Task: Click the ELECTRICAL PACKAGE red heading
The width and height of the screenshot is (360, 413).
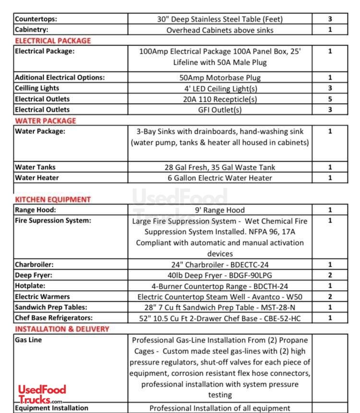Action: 53,41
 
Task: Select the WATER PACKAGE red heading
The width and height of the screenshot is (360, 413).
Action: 45,121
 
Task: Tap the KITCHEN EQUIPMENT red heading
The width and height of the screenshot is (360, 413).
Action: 53,200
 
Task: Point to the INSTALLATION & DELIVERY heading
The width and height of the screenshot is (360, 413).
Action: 62,329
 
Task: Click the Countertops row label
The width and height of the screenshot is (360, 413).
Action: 36,19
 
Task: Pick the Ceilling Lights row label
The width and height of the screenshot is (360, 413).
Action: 37,88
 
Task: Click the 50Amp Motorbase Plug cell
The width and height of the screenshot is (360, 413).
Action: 220,77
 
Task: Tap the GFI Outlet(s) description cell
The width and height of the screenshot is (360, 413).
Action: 220,110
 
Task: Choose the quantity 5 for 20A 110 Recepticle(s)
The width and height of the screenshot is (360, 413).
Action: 330,99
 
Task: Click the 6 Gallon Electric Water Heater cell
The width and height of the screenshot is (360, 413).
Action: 220,178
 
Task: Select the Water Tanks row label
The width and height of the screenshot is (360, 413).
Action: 35,167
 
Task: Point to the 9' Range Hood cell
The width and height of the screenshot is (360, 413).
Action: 220,210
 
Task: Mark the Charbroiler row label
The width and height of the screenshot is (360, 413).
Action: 34,264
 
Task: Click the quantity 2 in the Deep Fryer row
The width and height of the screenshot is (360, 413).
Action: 330,275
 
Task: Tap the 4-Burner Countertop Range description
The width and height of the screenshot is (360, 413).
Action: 220,286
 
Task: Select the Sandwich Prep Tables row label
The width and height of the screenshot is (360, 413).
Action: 51,307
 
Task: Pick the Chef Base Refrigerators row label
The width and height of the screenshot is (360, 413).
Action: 54,318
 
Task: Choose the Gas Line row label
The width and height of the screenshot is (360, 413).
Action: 28,340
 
